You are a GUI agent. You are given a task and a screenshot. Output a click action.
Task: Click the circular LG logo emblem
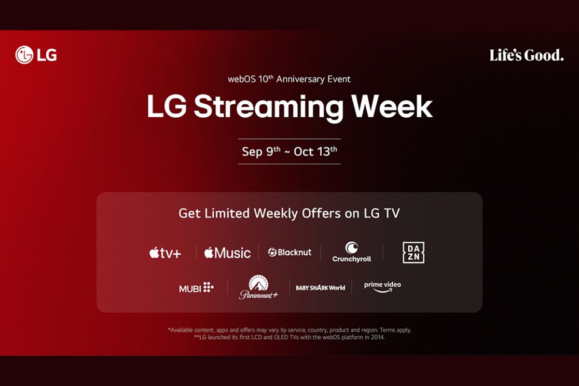(x=24, y=55)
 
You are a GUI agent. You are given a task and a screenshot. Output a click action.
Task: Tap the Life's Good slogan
(x=526, y=55)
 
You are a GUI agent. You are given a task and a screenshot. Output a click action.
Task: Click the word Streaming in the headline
(x=269, y=107)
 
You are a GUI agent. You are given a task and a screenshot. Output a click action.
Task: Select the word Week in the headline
(x=392, y=107)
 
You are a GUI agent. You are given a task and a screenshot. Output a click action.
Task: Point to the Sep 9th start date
(x=261, y=152)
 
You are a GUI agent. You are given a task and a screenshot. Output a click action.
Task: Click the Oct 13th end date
(x=316, y=152)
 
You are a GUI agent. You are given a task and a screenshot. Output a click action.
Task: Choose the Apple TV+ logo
(x=165, y=253)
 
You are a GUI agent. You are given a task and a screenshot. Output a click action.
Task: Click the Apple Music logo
(x=227, y=253)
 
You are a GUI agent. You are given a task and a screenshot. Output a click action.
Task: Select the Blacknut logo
(x=289, y=252)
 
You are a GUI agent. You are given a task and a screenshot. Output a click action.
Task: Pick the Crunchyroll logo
(x=352, y=252)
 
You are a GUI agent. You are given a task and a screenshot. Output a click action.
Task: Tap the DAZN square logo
(x=414, y=253)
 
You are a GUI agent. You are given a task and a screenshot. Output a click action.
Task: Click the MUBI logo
(x=196, y=288)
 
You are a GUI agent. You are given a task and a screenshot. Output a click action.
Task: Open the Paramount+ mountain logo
(x=259, y=287)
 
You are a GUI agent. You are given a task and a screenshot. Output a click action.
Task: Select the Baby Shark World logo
(x=320, y=288)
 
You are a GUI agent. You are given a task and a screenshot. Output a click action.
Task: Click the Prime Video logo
(x=383, y=287)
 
